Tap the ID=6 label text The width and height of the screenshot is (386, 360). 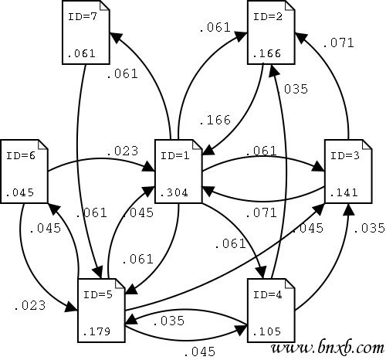(x=19, y=155)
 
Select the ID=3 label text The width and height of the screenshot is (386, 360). (x=344, y=155)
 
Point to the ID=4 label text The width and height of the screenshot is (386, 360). (x=267, y=294)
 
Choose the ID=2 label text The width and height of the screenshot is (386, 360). (x=267, y=16)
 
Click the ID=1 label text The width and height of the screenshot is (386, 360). (x=175, y=155)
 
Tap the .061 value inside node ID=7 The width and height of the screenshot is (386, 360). (x=81, y=53)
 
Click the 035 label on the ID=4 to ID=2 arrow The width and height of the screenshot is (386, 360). (x=296, y=89)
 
